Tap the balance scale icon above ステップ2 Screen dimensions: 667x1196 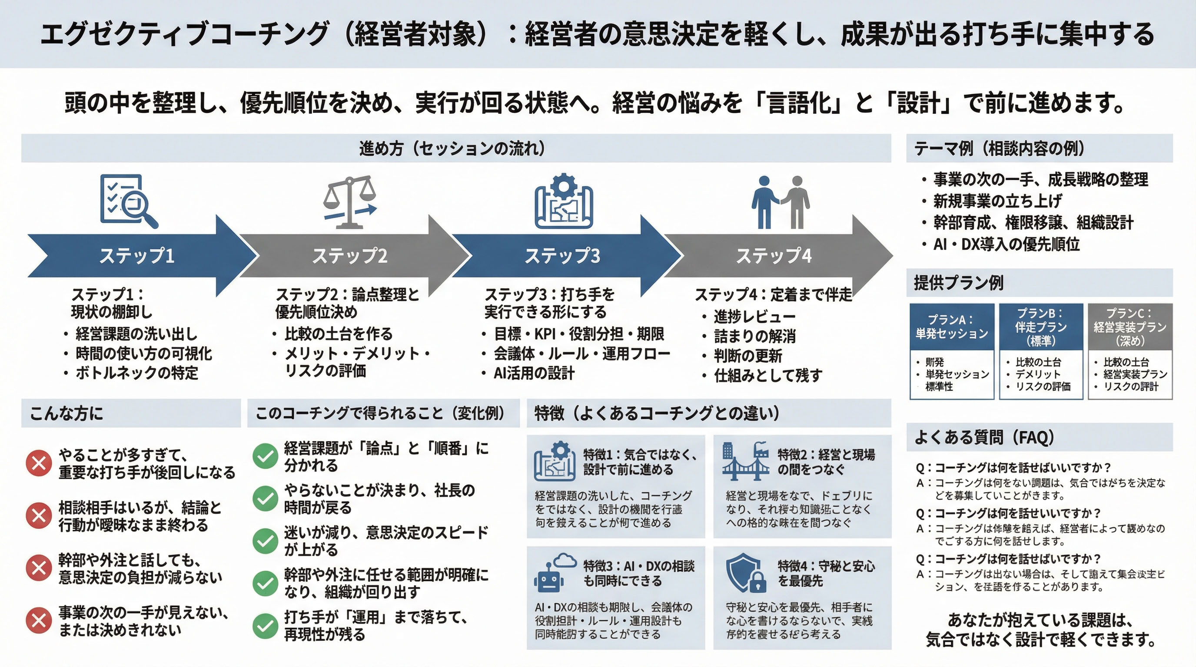[x=349, y=201]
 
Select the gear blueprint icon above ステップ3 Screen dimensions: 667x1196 [x=563, y=201]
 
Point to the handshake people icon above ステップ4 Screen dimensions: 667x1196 [x=780, y=202]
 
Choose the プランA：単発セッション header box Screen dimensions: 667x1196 [x=951, y=327]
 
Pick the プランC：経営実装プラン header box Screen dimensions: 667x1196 [x=1130, y=327]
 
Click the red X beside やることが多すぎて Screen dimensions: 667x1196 [x=39, y=462]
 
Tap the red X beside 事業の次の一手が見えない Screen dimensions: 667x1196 [x=39, y=620]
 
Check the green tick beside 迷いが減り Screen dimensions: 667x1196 [x=265, y=540]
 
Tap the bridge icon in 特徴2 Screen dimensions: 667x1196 [x=746, y=462]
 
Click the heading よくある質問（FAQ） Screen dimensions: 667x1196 [x=984, y=437]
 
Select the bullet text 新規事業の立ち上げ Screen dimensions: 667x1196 [x=997, y=201]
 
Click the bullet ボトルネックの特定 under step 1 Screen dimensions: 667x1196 [x=136, y=373]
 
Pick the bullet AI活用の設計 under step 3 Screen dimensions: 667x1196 [x=534, y=373]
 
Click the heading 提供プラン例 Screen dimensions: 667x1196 [x=958, y=283]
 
